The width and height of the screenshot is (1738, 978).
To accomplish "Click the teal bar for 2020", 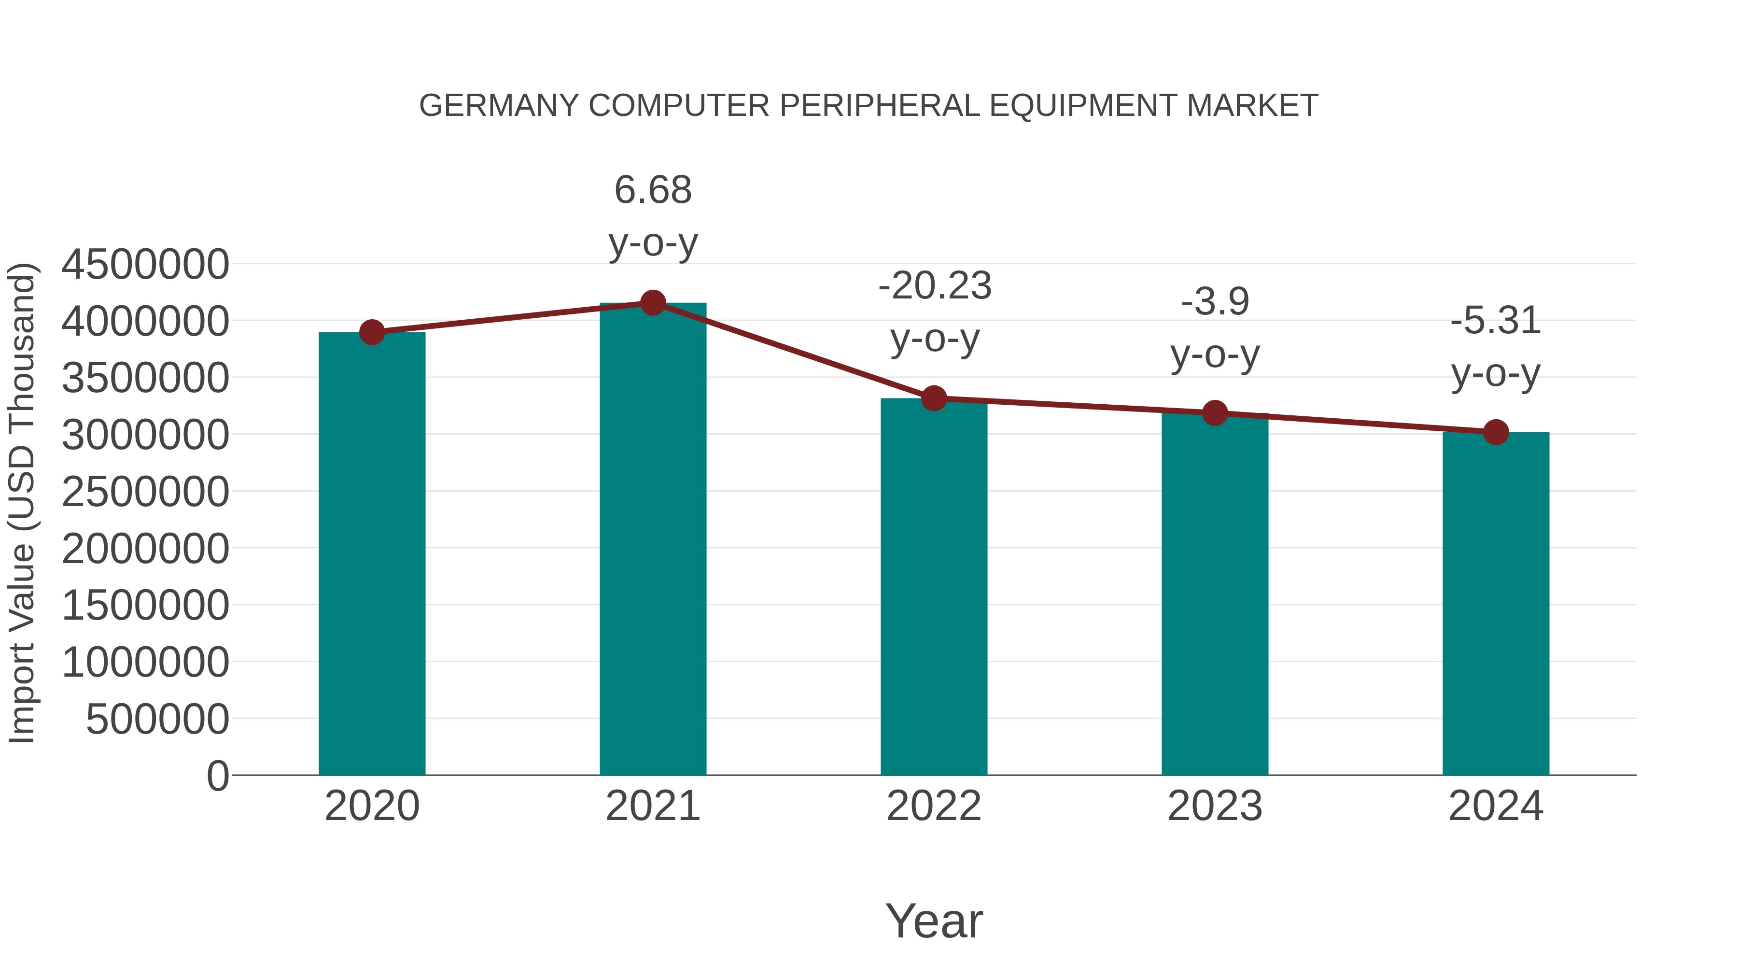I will coord(372,553).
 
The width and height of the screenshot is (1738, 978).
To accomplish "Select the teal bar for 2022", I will coord(934,587).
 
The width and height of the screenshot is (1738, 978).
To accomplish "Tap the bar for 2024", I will coord(1496,604).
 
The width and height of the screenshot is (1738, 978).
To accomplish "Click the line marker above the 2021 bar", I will coord(652,303).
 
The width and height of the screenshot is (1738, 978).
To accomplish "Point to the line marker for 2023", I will coord(1215,412).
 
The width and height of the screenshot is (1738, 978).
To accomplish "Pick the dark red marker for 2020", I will coord(372,332).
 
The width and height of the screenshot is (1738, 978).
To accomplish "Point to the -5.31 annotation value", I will coord(1496,321).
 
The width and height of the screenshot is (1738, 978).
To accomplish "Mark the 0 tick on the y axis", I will coord(217,776).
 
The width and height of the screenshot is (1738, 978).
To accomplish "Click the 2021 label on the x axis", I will coord(652,806).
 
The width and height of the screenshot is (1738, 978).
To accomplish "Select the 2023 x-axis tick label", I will coord(1215,806).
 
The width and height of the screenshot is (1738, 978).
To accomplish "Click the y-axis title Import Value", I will coord(22,503).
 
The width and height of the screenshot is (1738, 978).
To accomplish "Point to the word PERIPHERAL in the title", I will coord(879,106).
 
